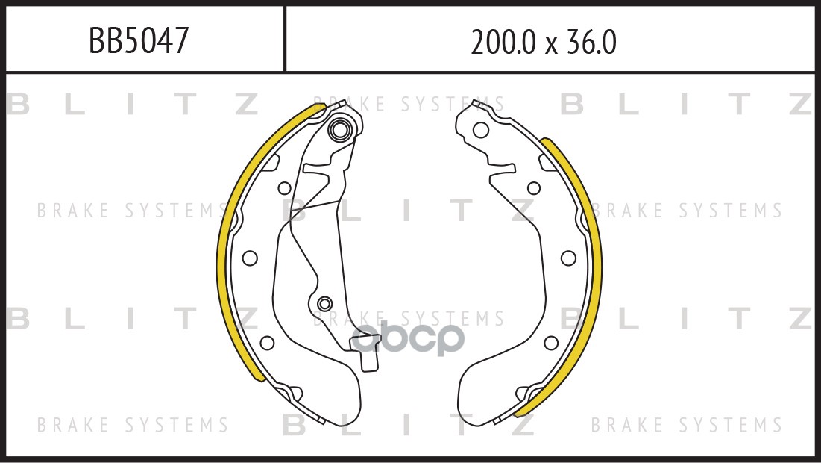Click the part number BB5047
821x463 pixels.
(138, 42)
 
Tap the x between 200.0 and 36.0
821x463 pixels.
(551, 45)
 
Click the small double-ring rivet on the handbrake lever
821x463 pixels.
(324, 304)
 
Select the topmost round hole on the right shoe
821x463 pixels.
(481, 130)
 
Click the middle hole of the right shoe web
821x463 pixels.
(568, 258)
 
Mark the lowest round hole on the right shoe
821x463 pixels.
(551, 343)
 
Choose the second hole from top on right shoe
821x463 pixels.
(533, 188)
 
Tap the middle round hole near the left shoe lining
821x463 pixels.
(250, 258)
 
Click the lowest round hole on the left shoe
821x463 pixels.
(265, 343)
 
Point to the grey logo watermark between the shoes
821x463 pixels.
(409, 338)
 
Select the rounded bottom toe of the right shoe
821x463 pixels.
(477, 396)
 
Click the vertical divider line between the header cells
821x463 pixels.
(285, 39)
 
